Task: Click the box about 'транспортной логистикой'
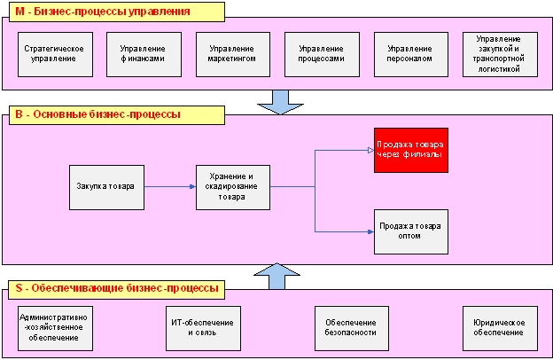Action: click(x=500, y=53)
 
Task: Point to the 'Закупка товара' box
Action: click(x=106, y=186)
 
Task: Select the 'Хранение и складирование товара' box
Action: click(x=233, y=186)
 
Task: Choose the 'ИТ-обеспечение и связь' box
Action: click(x=202, y=326)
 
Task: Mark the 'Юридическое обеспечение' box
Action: click(x=500, y=326)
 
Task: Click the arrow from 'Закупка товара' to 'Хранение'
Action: click(x=169, y=186)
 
